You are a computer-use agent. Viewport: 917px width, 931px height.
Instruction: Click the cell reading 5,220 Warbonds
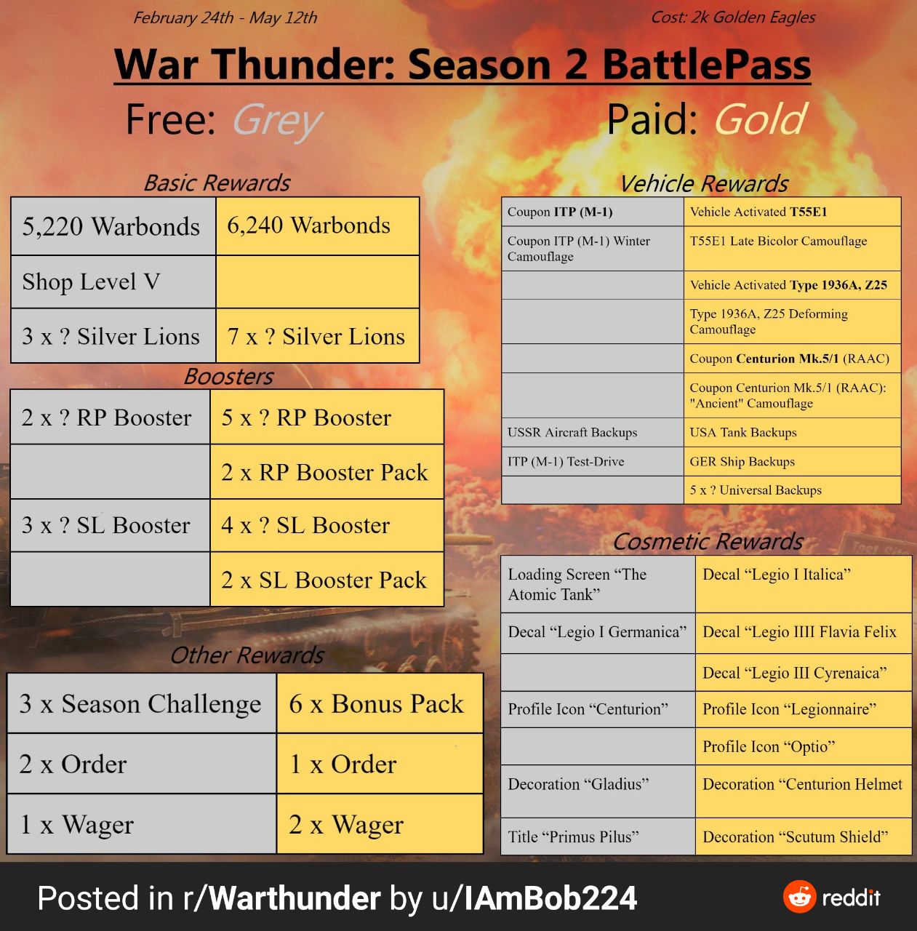pyautogui.click(x=113, y=226)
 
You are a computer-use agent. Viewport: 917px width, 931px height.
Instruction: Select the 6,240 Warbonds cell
pyautogui.click(x=317, y=226)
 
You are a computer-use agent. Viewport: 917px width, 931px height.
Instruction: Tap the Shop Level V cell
pyautogui.click(x=113, y=281)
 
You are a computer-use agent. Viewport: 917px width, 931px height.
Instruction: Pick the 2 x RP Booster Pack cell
pyautogui.click(x=327, y=471)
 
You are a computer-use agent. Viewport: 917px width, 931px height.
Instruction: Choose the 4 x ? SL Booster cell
pyautogui.click(x=327, y=525)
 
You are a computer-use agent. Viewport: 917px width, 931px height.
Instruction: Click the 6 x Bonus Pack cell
pyautogui.click(x=380, y=703)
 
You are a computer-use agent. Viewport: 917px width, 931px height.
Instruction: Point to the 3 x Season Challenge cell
pyautogui.click(x=142, y=703)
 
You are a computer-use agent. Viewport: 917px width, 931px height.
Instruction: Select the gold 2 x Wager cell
pyautogui.click(x=380, y=824)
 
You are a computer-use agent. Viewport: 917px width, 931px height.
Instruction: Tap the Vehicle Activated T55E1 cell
pyautogui.click(x=793, y=212)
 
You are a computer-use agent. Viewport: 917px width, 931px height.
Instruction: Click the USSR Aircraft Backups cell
pyautogui.click(x=593, y=432)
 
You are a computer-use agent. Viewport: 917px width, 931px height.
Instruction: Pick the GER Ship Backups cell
pyautogui.click(x=793, y=461)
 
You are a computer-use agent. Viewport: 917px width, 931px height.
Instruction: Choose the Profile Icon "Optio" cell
pyautogui.click(x=804, y=746)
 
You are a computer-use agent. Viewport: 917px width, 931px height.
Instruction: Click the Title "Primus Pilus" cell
pyautogui.click(x=598, y=836)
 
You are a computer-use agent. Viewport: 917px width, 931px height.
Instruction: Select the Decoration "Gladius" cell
pyautogui.click(x=598, y=791)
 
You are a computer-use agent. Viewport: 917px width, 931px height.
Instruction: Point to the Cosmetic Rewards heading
pyautogui.click(x=708, y=542)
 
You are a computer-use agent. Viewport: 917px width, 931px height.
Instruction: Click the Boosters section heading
pyautogui.click(x=228, y=376)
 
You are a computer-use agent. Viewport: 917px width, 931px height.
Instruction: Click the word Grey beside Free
pyautogui.click(x=277, y=121)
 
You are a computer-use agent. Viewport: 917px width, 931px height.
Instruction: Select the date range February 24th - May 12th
pyautogui.click(x=225, y=18)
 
